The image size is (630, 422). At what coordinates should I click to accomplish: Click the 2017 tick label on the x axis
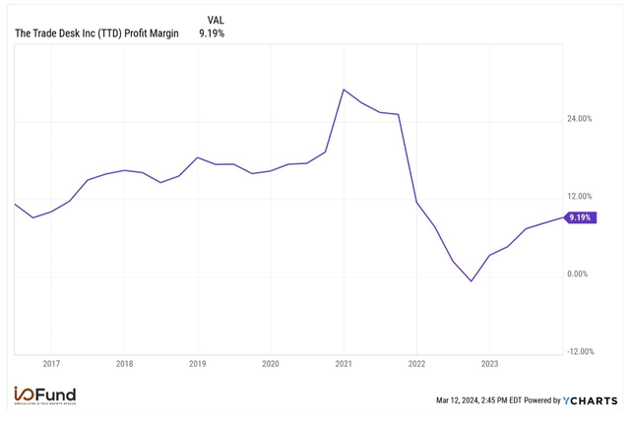51,363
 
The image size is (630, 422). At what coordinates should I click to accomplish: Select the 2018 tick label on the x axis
124,363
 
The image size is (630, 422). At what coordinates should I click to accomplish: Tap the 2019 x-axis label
197,363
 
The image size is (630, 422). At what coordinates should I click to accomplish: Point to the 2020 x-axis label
271,363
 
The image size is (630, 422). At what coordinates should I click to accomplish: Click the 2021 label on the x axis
344,363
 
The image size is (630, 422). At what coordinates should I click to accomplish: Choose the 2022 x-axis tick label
416,363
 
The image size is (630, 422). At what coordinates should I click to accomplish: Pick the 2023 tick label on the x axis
489,363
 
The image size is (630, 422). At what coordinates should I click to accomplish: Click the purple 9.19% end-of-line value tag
581,217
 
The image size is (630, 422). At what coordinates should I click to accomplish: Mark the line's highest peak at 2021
343,90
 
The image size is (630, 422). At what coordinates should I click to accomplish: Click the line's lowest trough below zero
472,281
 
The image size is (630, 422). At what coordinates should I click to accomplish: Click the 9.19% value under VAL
214,33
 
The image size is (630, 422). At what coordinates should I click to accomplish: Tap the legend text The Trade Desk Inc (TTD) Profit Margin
96,33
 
